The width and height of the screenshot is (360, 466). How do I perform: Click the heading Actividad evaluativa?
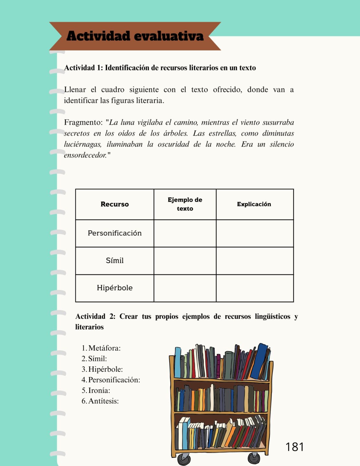click(x=135, y=36)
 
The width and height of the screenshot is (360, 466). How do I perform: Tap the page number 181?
click(x=294, y=447)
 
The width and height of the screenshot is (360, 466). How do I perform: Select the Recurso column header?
click(x=115, y=204)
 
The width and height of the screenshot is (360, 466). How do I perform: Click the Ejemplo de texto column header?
click(x=185, y=204)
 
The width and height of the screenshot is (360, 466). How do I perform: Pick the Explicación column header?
click(x=254, y=204)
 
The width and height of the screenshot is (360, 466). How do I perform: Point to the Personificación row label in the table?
click(x=115, y=233)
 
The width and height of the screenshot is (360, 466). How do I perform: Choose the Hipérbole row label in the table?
click(x=115, y=288)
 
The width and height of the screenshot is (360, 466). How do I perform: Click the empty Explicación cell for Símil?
click(x=255, y=261)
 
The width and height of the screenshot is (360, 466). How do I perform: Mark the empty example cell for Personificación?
click(x=185, y=233)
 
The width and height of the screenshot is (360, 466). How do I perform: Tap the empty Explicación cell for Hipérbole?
click(x=255, y=288)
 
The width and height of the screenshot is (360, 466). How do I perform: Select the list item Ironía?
click(x=99, y=391)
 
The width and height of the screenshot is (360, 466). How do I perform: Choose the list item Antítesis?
click(x=103, y=401)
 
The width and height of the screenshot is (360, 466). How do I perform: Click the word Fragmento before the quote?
click(x=83, y=122)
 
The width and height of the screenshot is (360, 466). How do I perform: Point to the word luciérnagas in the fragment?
click(x=83, y=144)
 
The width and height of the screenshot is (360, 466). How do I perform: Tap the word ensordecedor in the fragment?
click(x=85, y=155)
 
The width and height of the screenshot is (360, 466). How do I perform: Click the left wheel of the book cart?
click(x=184, y=459)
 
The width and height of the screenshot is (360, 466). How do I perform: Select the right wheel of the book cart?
click(x=254, y=458)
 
